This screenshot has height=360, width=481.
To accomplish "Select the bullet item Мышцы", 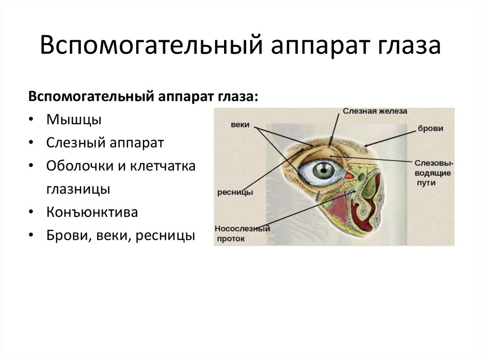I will (x=74, y=119).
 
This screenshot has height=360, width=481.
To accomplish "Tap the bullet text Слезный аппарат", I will (x=105, y=143).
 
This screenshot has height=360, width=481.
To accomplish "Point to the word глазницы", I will (x=78, y=189).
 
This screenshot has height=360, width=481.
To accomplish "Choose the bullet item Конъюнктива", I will (x=92, y=212).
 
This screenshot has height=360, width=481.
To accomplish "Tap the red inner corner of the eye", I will (x=349, y=176).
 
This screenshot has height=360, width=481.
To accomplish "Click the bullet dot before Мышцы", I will (x=30, y=120).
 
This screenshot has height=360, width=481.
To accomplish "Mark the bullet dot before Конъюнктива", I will (x=30, y=213).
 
